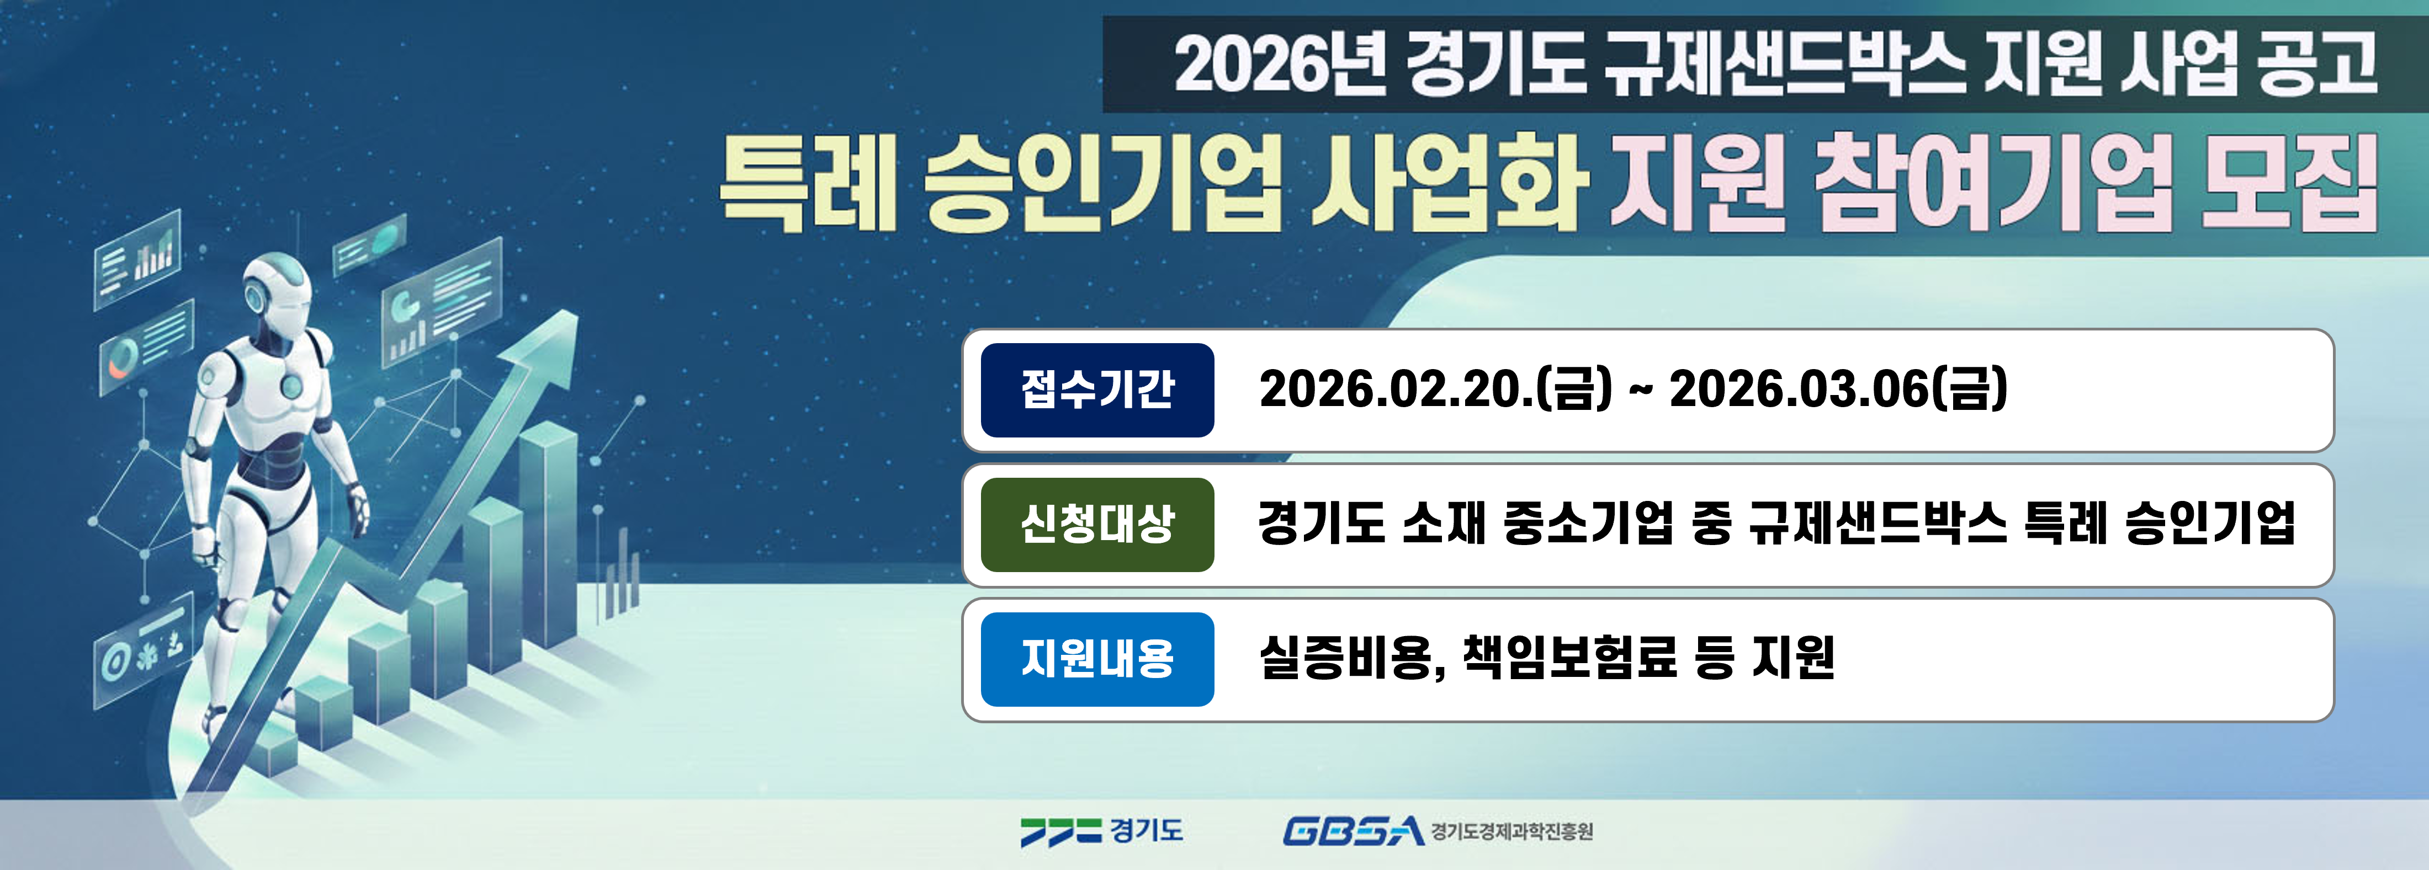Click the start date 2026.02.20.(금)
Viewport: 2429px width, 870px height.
(x=1435, y=389)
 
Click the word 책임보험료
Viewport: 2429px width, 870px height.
(x=1570, y=657)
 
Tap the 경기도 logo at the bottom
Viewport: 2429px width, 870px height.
(x=1101, y=830)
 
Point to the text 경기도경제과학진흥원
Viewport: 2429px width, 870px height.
(x=1512, y=831)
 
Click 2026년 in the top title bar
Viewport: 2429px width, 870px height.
(x=1280, y=64)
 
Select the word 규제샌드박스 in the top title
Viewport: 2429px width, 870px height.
(x=1785, y=64)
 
